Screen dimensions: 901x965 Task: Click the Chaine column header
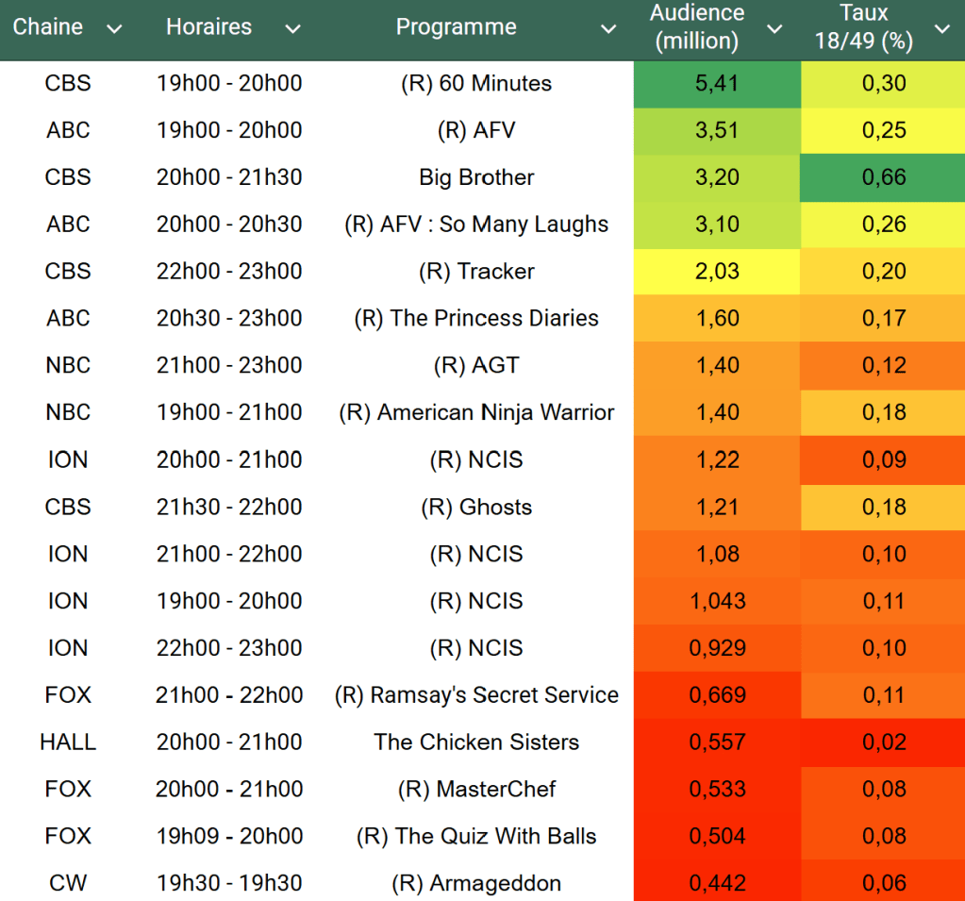pyautogui.click(x=47, y=27)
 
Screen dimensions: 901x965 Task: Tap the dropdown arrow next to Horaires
pyautogui.click(x=293, y=29)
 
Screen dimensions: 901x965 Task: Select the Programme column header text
pyautogui.click(x=456, y=27)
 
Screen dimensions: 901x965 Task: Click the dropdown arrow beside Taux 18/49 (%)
pyautogui.click(x=942, y=29)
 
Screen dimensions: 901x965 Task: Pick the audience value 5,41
pyautogui.click(x=717, y=83)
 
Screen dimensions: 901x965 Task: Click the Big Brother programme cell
pyautogui.click(x=476, y=177)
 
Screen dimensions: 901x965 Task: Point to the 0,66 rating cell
pyautogui.click(x=883, y=177)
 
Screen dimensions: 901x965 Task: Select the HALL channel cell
pyautogui.click(x=68, y=742)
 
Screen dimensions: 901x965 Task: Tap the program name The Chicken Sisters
pyautogui.click(x=476, y=742)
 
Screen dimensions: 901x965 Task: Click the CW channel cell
pyautogui.click(x=68, y=884)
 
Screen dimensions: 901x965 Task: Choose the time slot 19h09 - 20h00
pyautogui.click(x=229, y=837)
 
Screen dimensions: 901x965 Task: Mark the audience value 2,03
pyautogui.click(x=717, y=272)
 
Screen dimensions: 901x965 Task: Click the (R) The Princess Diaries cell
pyautogui.click(x=476, y=319)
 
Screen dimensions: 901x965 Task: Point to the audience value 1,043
pyautogui.click(x=717, y=601)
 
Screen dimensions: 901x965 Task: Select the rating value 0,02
pyautogui.click(x=883, y=742)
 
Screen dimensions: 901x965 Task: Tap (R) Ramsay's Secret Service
pyautogui.click(x=476, y=695)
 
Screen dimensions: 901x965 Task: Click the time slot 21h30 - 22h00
pyautogui.click(x=229, y=508)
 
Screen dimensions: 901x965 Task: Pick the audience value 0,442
pyautogui.click(x=717, y=884)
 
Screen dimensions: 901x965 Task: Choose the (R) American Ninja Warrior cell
pyautogui.click(x=476, y=413)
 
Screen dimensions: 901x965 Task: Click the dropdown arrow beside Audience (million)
pyautogui.click(x=774, y=29)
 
